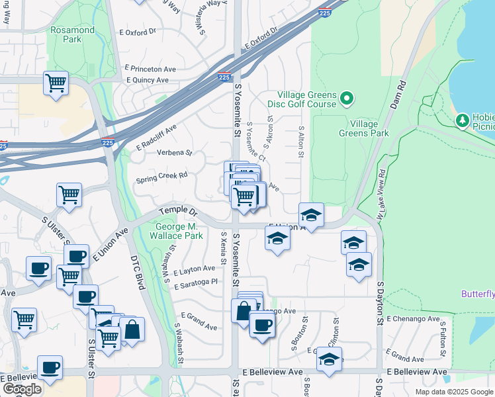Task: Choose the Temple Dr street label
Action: [x=179, y=213]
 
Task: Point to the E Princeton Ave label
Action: [x=150, y=68]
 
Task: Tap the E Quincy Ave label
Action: [x=148, y=80]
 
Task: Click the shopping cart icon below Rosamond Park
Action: [x=56, y=83]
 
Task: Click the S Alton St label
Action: [x=300, y=142]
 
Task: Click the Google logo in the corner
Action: [x=22, y=389]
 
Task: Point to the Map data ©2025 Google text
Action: [x=453, y=392]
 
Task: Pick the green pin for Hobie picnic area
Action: [x=463, y=120]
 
